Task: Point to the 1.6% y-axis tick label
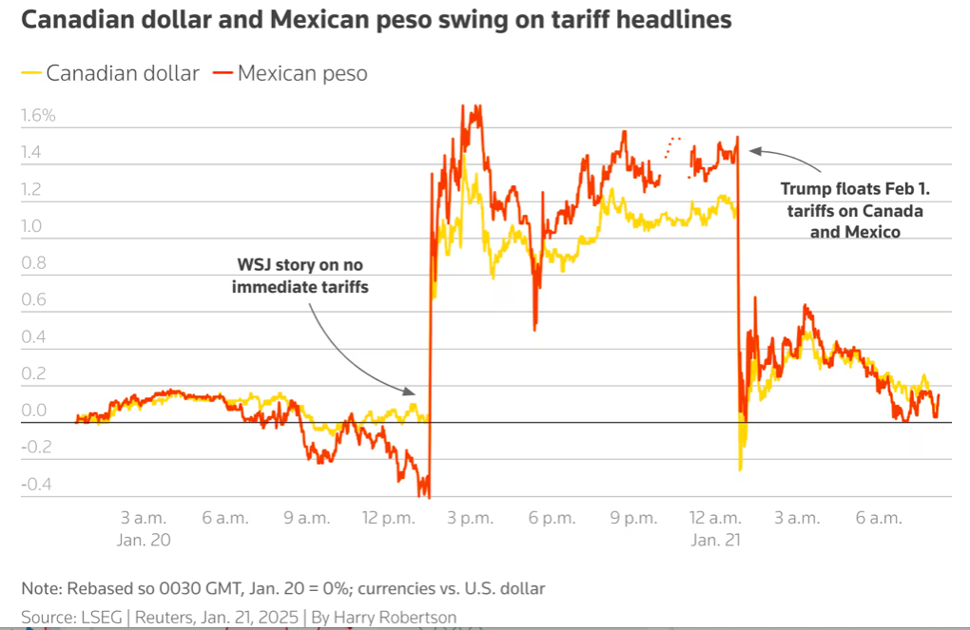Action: point(38,116)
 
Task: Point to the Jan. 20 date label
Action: point(144,539)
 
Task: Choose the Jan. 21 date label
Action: point(715,539)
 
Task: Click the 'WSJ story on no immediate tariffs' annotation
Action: point(301,274)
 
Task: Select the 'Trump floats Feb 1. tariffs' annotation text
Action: point(852,209)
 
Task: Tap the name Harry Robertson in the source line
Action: point(392,618)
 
